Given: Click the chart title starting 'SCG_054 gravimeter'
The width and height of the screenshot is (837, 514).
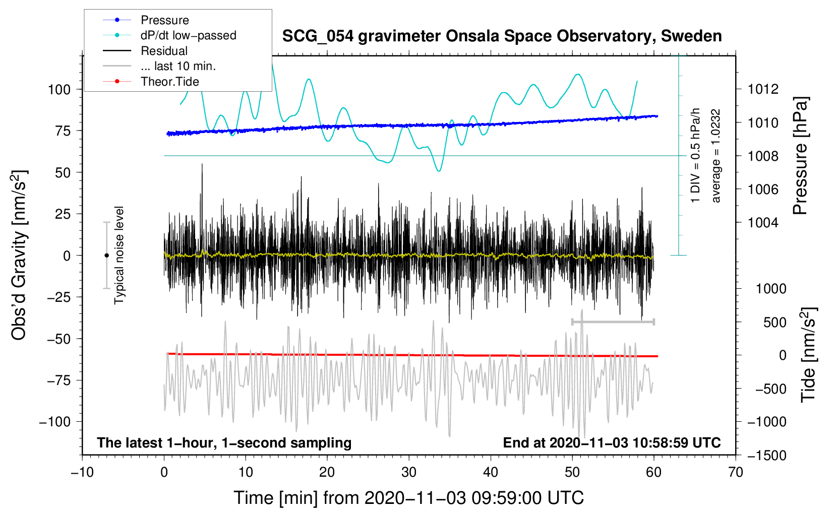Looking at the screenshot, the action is pyautogui.click(x=502, y=36).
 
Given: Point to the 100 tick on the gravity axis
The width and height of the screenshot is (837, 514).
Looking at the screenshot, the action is pyautogui.click(x=59, y=90).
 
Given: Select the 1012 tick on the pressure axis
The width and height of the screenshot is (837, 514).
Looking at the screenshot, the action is pyautogui.click(x=763, y=89).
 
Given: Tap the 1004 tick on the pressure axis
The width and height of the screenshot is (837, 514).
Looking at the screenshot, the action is pyautogui.click(x=763, y=223).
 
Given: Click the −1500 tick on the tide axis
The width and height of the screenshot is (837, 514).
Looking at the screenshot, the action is pyautogui.click(x=767, y=456).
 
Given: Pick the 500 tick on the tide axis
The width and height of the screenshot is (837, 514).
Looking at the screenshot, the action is pyautogui.click(x=774, y=323).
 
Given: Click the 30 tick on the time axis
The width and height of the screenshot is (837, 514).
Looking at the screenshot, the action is pyautogui.click(x=409, y=472).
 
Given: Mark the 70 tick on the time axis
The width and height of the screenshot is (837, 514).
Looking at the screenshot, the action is pyautogui.click(x=735, y=472).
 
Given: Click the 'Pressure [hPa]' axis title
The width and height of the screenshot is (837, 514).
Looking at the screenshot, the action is pyautogui.click(x=801, y=156).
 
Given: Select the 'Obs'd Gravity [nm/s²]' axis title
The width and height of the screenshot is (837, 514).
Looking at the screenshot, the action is pyautogui.click(x=19, y=255).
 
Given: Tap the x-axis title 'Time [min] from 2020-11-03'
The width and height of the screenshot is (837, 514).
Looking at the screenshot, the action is pyautogui.click(x=408, y=498).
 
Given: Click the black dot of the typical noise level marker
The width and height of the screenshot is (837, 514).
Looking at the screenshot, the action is pyautogui.click(x=106, y=255).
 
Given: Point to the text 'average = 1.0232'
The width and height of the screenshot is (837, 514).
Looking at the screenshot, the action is pyautogui.click(x=715, y=156).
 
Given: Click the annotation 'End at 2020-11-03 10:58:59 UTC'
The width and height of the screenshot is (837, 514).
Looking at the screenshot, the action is pyautogui.click(x=612, y=442).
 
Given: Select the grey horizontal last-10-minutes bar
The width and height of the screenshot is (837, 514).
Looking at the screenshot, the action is pyautogui.click(x=613, y=322).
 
